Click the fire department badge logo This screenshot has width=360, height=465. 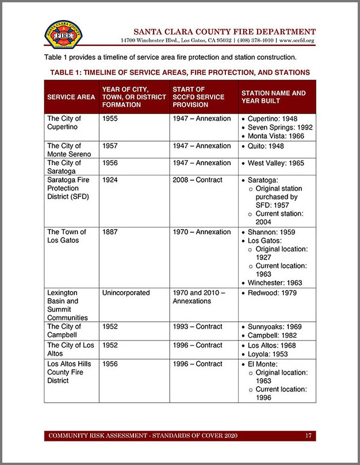pos(63,35)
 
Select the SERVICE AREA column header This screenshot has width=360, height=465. pos(71,97)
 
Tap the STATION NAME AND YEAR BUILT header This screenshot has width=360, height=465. pos(273,97)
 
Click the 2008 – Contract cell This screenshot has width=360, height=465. pos(197,180)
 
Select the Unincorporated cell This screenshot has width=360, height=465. pos(126,293)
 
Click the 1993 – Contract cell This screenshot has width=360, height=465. pos(197,327)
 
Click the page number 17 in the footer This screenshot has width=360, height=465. pos(308,436)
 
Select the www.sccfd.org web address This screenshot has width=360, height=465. pos(297,41)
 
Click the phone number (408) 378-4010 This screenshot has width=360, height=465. pos(254,41)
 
